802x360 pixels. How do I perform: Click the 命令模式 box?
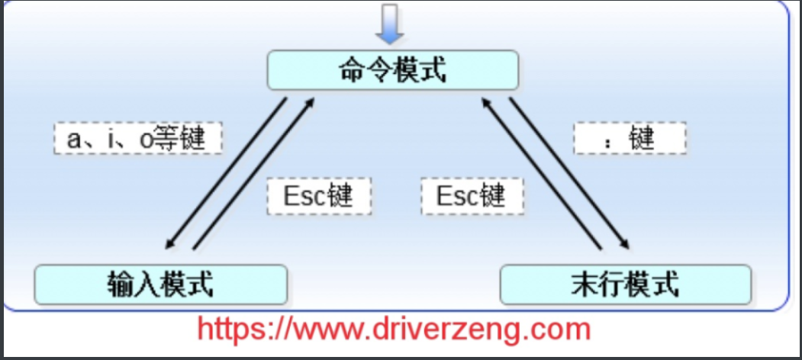(x=392, y=72)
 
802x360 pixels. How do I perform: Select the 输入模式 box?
(x=161, y=284)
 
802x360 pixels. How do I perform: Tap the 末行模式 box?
(x=625, y=284)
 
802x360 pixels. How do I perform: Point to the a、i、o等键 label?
(x=138, y=140)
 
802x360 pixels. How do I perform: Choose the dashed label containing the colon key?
(x=630, y=140)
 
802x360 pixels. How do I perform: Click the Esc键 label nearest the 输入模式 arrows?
(x=319, y=196)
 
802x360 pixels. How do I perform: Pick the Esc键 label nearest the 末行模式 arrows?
(x=472, y=196)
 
